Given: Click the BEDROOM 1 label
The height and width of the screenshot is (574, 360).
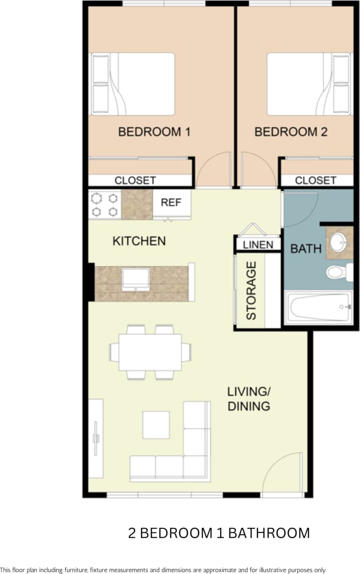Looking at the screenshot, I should (154, 132).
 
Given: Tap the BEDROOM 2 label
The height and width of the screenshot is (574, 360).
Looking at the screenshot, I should (291, 132).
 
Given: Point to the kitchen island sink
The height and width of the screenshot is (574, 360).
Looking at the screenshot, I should (136, 279).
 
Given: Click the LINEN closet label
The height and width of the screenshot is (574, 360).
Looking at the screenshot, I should (258, 245).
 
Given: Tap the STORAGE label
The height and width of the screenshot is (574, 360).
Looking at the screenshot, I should (251, 291).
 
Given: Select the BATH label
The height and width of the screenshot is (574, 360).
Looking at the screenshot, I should (306, 249).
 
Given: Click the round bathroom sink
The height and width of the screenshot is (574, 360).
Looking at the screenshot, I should (338, 242).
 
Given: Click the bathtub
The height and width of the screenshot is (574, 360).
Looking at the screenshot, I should (318, 307).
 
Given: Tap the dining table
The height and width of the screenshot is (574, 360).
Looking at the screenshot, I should (150, 352).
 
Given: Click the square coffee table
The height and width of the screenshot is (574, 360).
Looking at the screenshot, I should (156, 425).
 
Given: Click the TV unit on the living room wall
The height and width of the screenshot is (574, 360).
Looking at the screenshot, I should (96, 438).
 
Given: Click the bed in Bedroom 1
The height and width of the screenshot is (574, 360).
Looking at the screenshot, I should (133, 84).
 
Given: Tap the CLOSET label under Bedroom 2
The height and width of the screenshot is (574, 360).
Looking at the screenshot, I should (315, 181).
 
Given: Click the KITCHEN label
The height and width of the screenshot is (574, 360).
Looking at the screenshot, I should (139, 241).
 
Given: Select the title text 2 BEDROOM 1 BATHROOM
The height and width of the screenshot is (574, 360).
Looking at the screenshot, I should (219, 533).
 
